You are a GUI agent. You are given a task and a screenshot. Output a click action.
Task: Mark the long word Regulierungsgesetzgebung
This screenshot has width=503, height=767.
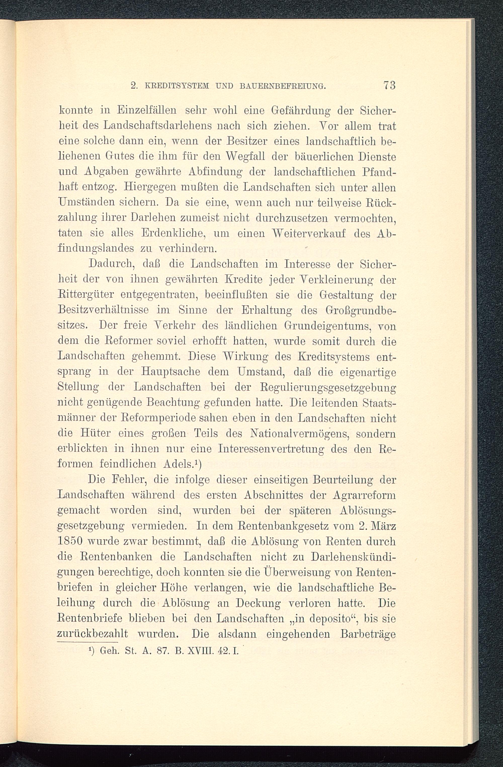pyautogui.click(x=328, y=387)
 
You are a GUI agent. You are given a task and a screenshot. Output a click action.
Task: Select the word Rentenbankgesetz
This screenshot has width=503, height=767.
pyautogui.click(x=277, y=526)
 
